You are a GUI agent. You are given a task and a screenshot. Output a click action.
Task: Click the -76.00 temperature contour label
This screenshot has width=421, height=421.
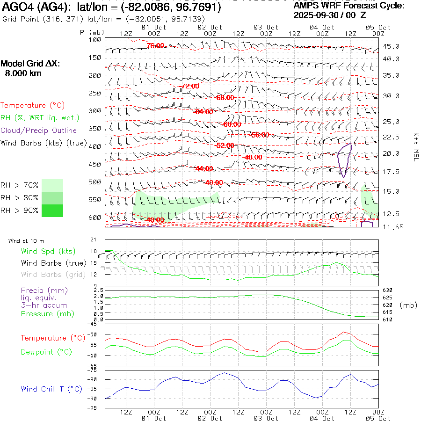point(155,45)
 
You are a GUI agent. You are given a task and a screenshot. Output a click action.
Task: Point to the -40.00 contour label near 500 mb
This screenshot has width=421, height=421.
point(214,182)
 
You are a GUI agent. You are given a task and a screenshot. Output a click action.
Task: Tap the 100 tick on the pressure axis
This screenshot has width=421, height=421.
point(95,40)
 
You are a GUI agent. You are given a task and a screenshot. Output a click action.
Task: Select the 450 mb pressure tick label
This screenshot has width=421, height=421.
point(95,164)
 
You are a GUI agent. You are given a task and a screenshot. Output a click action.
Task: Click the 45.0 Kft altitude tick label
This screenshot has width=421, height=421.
point(391,46)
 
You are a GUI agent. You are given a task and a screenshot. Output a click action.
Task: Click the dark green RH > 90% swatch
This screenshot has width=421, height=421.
point(52,210)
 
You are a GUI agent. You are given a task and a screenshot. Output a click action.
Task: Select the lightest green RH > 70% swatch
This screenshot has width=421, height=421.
point(52,185)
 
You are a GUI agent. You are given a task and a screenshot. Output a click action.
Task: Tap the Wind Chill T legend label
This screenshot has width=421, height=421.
point(51,389)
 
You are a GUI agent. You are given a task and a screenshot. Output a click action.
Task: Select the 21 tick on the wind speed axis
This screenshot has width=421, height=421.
point(93,240)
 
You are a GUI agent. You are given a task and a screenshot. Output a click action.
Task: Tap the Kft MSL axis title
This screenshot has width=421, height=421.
point(415,146)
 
